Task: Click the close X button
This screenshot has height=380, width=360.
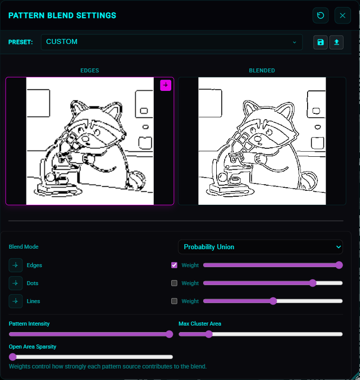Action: [x=343, y=15]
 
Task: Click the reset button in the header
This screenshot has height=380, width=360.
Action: [x=321, y=15]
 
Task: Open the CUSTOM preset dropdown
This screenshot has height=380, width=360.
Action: [x=172, y=42]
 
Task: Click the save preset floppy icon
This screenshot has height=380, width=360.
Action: [x=321, y=42]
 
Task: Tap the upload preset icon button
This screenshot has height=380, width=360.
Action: [x=337, y=42]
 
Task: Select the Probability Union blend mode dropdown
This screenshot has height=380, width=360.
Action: [x=261, y=247]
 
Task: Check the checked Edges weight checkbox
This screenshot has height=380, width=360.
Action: [x=174, y=265]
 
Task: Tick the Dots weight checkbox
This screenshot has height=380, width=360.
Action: [x=174, y=283]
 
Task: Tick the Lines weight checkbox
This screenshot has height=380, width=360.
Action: [x=174, y=301]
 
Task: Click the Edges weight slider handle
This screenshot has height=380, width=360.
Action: [x=340, y=265]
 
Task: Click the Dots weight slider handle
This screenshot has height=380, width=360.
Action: [x=313, y=283]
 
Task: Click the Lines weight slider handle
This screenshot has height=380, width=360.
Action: [x=273, y=301]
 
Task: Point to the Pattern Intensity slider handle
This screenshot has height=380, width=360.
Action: [x=169, y=334]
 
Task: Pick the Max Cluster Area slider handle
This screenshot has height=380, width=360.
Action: [x=209, y=334]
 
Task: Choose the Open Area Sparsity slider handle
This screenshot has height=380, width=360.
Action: [x=12, y=357]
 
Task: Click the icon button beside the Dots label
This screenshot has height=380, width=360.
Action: [x=15, y=283]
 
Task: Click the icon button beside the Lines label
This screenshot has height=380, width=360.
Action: [x=15, y=301]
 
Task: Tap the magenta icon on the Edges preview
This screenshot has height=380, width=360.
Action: [x=166, y=85]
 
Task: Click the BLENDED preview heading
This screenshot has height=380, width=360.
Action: [x=262, y=70]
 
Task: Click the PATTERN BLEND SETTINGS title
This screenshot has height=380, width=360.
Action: [x=62, y=15]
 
